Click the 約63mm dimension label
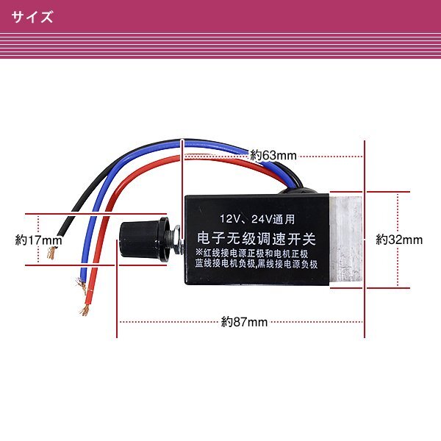click(x=273, y=155)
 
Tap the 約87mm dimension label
click(x=244, y=322)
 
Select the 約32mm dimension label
click(x=399, y=240)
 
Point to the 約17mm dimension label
click(x=38, y=240)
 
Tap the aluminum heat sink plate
click(x=345, y=239)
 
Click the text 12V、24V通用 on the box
click(x=257, y=219)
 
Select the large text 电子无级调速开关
click(x=257, y=238)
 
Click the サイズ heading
click(x=32, y=17)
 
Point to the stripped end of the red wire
click(x=85, y=309)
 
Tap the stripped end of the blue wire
click(x=82, y=284)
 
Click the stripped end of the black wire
click(x=51, y=252)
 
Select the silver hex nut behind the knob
click(x=177, y=240)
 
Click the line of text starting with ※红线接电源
click(x=251, y=254)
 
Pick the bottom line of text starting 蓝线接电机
click(x=257, y=264)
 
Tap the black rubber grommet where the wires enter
click(x=298, y=191)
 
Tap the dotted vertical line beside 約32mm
click(x=398, y=240)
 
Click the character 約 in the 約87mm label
click(x=226, y=322)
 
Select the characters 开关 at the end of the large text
click(x=302, y=238)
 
